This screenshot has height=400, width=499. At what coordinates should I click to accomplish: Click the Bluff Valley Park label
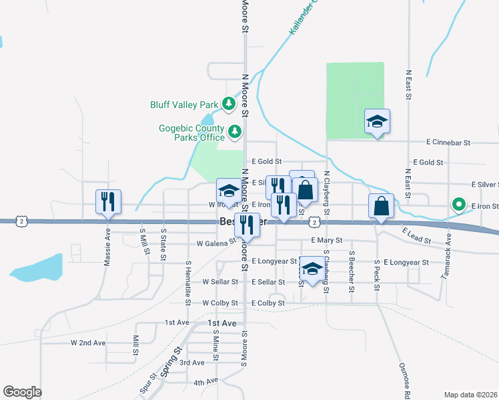pos(184,105)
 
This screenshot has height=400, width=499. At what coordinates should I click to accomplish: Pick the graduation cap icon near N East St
pos(377,121)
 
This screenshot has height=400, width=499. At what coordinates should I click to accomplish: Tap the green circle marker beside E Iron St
pos(458,205)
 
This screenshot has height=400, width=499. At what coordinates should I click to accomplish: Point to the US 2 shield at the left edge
pos(22,221)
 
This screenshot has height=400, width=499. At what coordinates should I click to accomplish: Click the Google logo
pos(22,392)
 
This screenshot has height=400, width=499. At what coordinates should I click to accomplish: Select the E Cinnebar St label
pos(448,143)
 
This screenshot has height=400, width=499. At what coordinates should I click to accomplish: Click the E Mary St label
pos(326,240)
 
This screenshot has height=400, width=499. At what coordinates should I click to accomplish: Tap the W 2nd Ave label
pos(88,343)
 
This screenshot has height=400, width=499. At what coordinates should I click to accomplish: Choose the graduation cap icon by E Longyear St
pos(311,269)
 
